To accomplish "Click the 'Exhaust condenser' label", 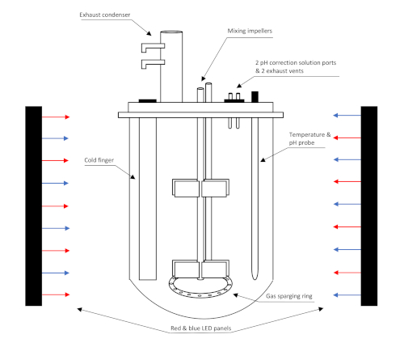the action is click(x=105, y=15).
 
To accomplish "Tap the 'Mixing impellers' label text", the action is click(x=250, y=31).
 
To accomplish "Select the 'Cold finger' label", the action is click(x=99, y=160).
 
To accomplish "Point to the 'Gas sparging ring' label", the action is click(x=289, y=296).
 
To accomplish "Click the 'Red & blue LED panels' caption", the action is click(x=201, y=328).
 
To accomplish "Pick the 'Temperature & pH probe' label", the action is click(x=309, y=138).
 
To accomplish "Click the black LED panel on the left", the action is click(x=34, y=206).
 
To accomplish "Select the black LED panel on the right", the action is click(x=369, y=206).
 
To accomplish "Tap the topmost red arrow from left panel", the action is click(x=56, y=116).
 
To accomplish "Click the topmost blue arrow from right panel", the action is click(x=347, y=116).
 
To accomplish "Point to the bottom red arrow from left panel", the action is click(x=56, y=294).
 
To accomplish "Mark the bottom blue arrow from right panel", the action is click(x=347, y=295).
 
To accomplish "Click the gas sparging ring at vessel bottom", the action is click(x=200, y=296).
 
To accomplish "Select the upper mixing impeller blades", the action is click(x=200, y=188).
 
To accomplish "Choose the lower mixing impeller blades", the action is click(x=200, y=269).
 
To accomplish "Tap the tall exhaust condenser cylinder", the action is click(x=171, y=66).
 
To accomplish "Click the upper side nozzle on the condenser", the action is click(x=153, y=47).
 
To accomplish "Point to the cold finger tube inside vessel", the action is click(x=148, y=199).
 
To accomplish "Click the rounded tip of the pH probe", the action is click(x=255, y=277).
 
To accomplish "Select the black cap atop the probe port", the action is click(x=255, y=97).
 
